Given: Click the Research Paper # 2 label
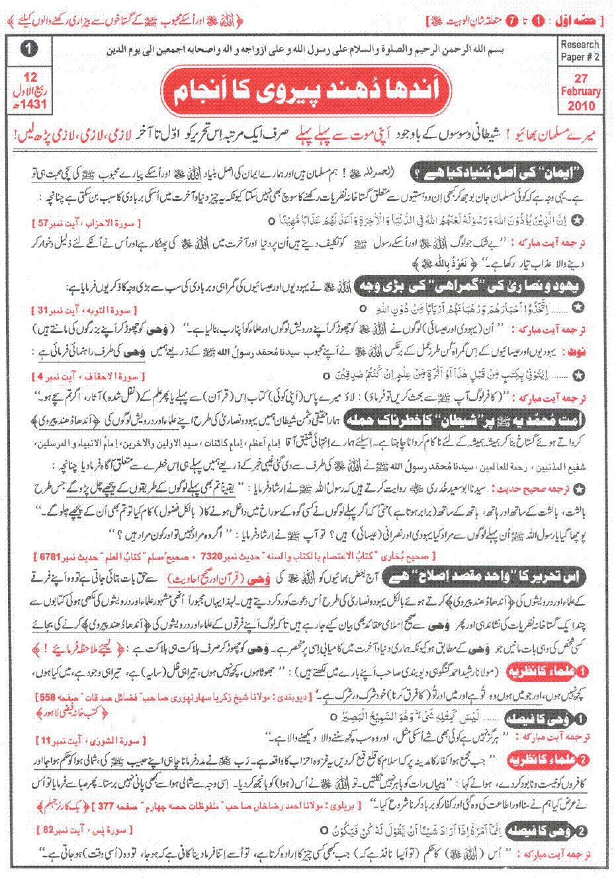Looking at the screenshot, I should [579, 51].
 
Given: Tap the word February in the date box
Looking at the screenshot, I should [580, 92].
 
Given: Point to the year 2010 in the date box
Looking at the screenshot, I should [580, 104].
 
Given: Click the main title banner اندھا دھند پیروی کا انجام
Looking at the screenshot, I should [314, 88].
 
